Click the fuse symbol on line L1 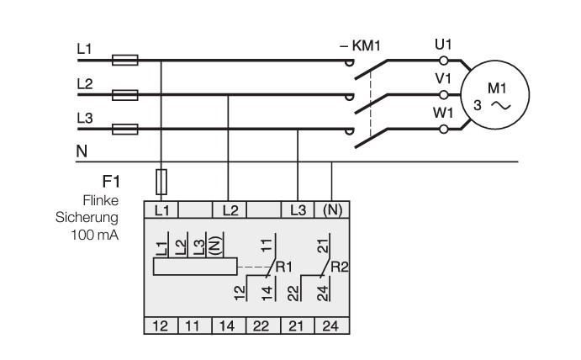click(125, 60)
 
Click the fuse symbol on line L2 click(125, 95)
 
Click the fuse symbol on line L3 click(125, 129)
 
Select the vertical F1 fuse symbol click(161, 182)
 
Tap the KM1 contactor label click(360, 46)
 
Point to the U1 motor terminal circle click(443, 61)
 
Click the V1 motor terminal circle click(443, 95)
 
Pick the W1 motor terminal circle click(443, 129)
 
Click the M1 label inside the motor click(497, 88)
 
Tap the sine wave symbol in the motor click(501, 106)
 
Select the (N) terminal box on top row click(332, 210)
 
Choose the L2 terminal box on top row click(230, 210)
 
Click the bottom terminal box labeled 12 click(161, 326)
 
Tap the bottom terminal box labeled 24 click(332, 326)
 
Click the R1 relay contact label click(284, 267)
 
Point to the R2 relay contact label click(339, 267)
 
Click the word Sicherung click(87, 218)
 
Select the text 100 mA click(95, 235)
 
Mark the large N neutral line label click(82, 151)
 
